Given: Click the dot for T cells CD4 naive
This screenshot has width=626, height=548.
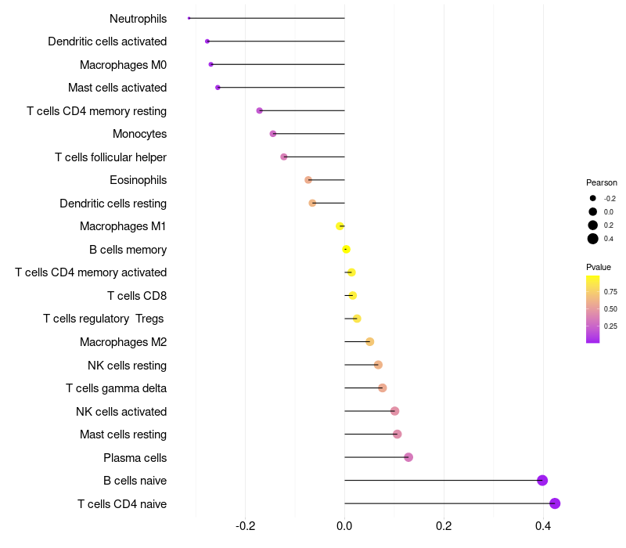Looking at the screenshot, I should (x=555, y=503).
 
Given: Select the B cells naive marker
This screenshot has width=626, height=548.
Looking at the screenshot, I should (x=542, y=481).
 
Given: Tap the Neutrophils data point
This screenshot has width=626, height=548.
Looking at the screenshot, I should (x=189, y=18).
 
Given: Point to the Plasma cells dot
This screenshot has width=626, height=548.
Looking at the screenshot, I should (x=408, y=457).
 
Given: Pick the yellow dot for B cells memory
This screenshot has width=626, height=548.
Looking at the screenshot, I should (x=346, y=250).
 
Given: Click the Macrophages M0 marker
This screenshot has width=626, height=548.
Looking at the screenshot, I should (x=210, y=64).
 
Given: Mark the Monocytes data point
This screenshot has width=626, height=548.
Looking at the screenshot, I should (x=273, y=134).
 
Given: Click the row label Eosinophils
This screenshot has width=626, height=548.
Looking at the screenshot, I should (x=138, y=180).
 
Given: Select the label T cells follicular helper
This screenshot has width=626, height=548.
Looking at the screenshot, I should (x=110, y=157).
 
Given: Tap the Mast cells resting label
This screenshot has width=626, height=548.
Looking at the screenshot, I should (x=123, y=434).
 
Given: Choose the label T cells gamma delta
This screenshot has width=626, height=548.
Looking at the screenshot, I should (x=116, y=388).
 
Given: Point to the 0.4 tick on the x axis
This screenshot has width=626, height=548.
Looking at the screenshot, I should (x=543, y=526).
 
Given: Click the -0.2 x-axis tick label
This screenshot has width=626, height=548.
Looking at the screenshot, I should (x=245, y=526).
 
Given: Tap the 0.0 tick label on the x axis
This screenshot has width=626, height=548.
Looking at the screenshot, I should (x=344, y=526).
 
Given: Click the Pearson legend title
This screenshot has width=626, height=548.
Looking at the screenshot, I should (x=601, y=182).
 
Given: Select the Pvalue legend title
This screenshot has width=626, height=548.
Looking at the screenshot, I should (x=599, y=267).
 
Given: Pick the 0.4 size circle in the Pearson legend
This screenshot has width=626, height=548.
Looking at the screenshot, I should (x=593, y=239).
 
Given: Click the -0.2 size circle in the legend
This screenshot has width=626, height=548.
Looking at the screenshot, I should (x=593, y=199).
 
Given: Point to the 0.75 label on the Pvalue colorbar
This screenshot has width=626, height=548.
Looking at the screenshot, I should (x=610, y=292).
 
